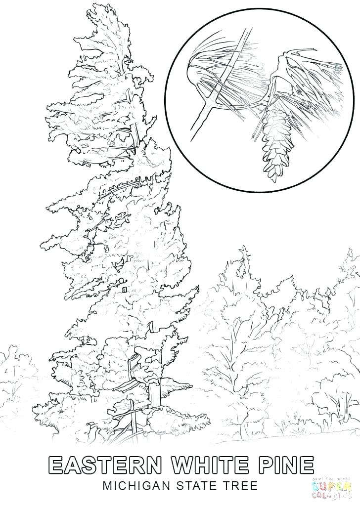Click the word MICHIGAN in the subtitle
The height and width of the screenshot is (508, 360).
pos(130,487)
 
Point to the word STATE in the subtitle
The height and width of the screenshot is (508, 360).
pos(190,487)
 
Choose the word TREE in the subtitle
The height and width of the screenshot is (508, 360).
pos(239,487)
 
